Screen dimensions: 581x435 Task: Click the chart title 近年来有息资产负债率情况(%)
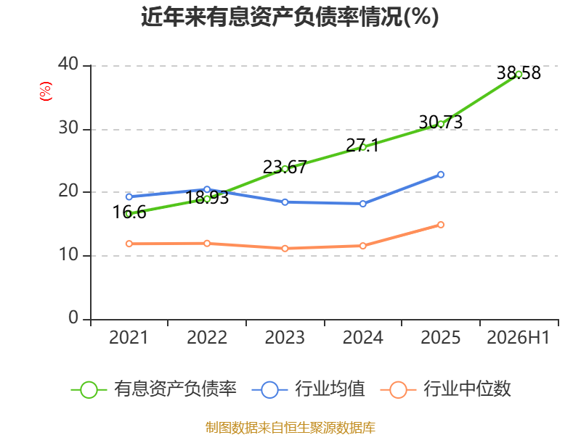click(x=290, y=17)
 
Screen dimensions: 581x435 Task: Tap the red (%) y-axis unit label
click(x=46, y=91)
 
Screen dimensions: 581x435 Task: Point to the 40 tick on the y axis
click(x=68, y=64)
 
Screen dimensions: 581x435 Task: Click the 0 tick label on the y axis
click(x=73, y=318)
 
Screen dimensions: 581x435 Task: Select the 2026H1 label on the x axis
click(x=519, y=337)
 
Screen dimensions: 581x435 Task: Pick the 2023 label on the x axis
click(x=285, y=337)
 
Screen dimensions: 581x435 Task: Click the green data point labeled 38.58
click(x=519, y=75)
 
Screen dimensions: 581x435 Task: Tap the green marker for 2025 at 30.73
click(x=441, y=124)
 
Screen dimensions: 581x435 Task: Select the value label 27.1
click(x=362, y=146)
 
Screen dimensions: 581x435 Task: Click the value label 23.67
click(x=285, y=167)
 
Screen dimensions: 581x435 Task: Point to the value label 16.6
click(x=129, y=212)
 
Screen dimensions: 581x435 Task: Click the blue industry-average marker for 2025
click(x=441, y=175)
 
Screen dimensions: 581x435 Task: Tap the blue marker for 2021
click(x=129, y=196)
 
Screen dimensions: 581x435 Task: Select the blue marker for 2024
click(x=362, y=204)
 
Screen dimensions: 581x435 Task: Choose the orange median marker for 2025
click(x=441, y=225)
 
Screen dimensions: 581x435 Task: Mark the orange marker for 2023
click(x=285, y=249)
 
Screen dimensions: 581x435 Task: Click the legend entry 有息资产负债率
click(x=154, y=389)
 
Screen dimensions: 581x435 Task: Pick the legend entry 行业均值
click(x=308, y=389)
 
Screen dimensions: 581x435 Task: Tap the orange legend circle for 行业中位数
click(x=398, y=390)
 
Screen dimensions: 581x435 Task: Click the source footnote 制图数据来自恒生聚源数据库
click(x=290, y=428)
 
